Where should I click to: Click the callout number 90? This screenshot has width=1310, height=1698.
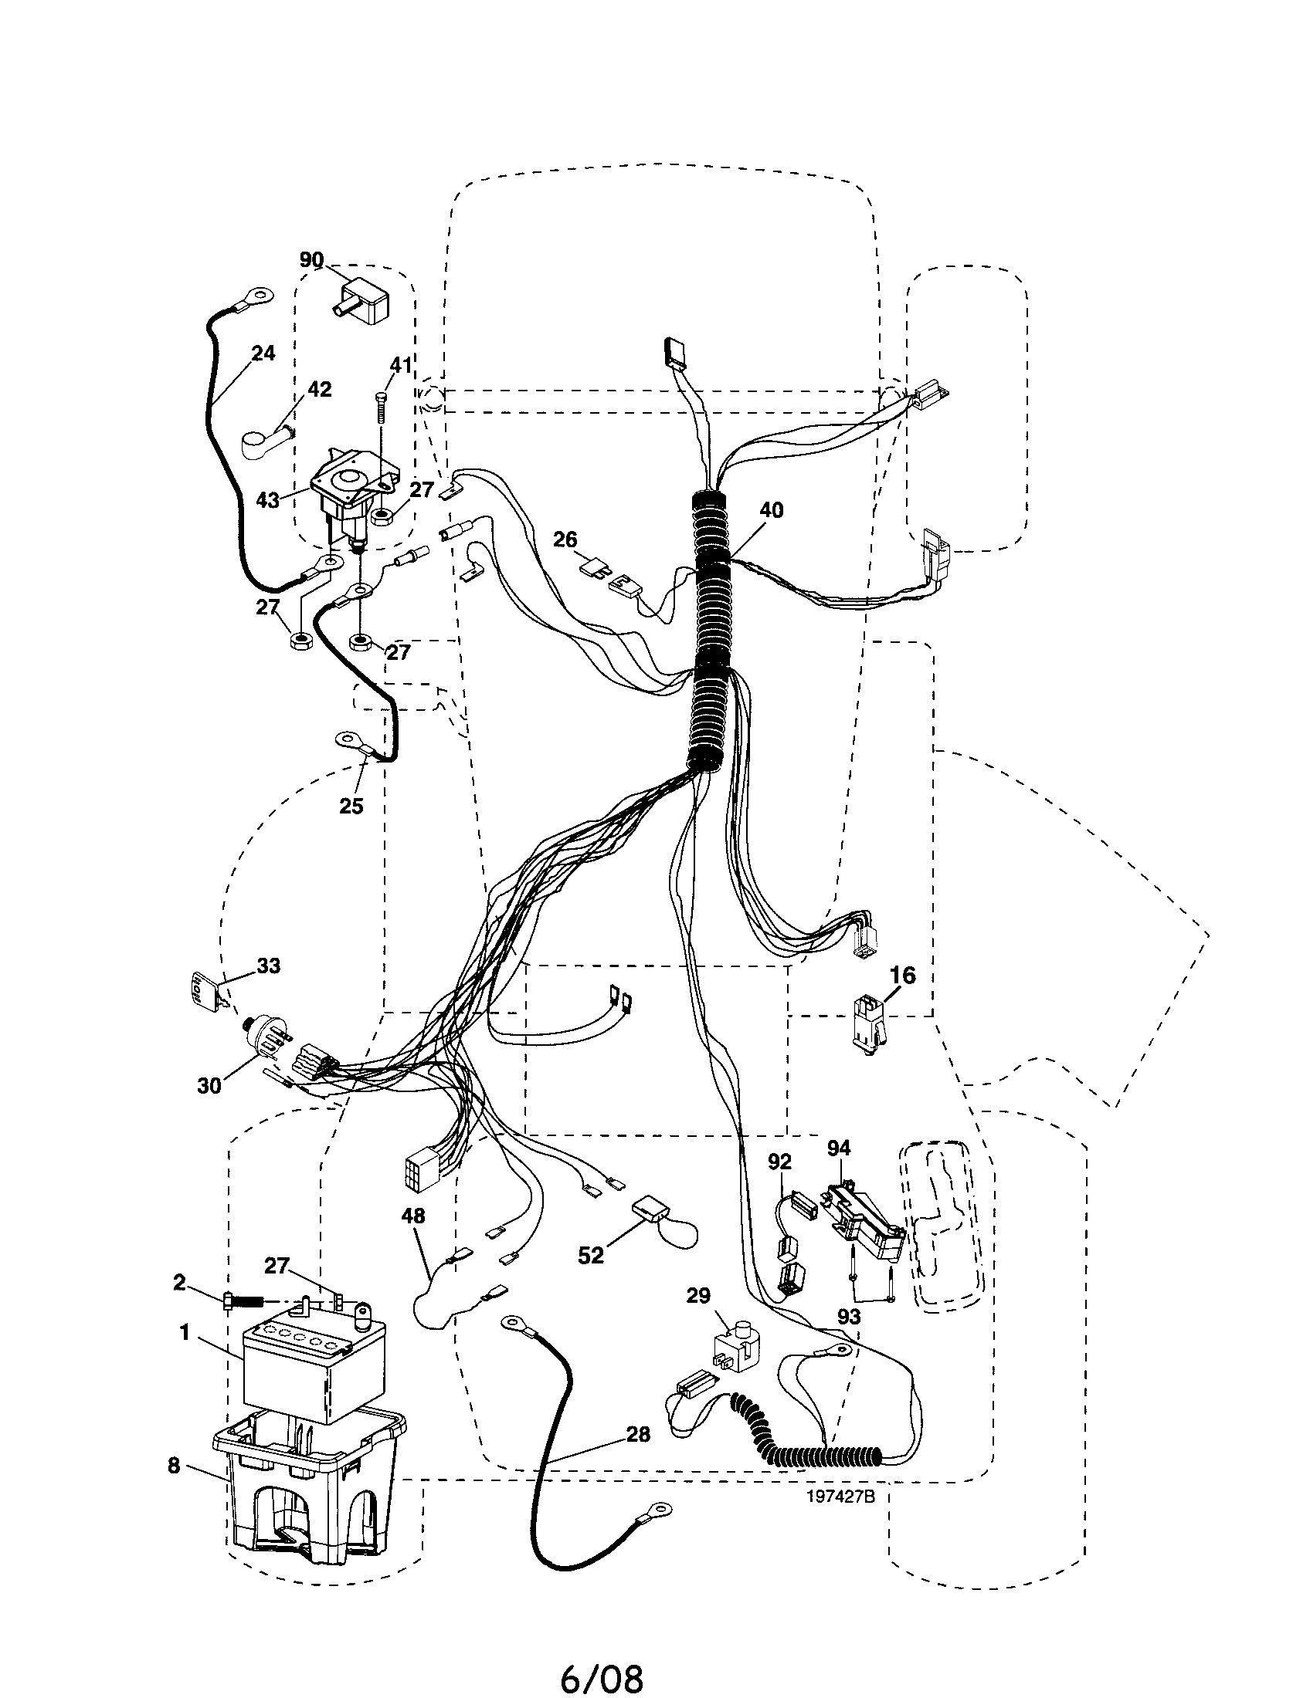click(x=312, y=259)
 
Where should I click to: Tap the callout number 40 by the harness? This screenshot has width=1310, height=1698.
click(x=771, y=510)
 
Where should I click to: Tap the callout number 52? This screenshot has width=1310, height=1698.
click(x=591, y=1256)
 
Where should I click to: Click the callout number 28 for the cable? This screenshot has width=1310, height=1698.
click(x=638, y=1435)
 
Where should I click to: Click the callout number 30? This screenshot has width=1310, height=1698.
click(x=209, y=1085)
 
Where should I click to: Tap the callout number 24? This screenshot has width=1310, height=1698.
click(x=263, y=353)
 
